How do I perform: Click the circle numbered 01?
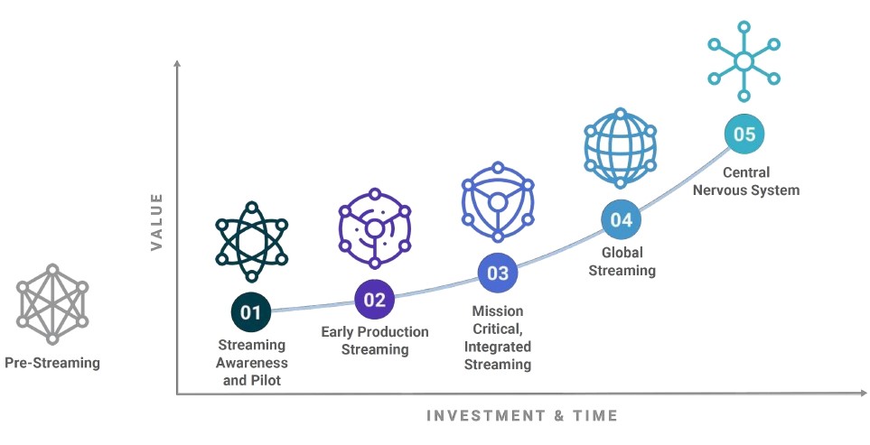tap(250, 312)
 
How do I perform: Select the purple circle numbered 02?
tap(375, 300)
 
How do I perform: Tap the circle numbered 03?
tap(498, 273)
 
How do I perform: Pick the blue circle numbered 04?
tap(622, 219)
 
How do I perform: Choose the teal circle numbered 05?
tap(744, 134)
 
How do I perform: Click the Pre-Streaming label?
tap(52, 363)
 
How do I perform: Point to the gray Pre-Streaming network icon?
tap(52, 303)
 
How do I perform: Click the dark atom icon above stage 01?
tap(252, 242)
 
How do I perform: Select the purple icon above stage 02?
tap(375, 228)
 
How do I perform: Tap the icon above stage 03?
tap(498, 201)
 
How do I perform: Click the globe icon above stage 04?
tap(621, 148)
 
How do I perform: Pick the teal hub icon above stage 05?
tap(744, 61)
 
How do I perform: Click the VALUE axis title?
tap(157, 222)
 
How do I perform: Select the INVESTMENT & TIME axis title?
tap(522, 415)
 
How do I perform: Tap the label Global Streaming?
tap(622, 262)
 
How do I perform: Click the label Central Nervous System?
tap(746, 181)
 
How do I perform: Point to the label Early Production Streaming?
tap(375, 341)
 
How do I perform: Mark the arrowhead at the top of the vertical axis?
tap(177, 63)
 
